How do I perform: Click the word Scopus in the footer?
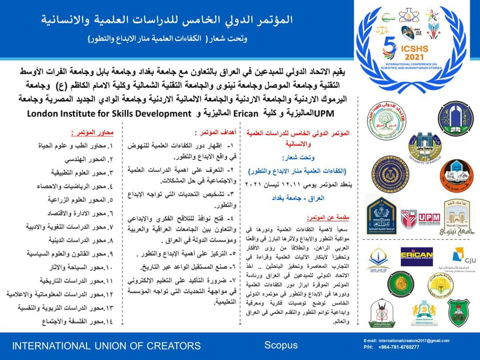(280, 345)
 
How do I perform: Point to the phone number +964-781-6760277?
(404, 347)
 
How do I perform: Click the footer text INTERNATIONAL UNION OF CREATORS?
(106, 345)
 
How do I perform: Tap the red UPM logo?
(428, 217)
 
